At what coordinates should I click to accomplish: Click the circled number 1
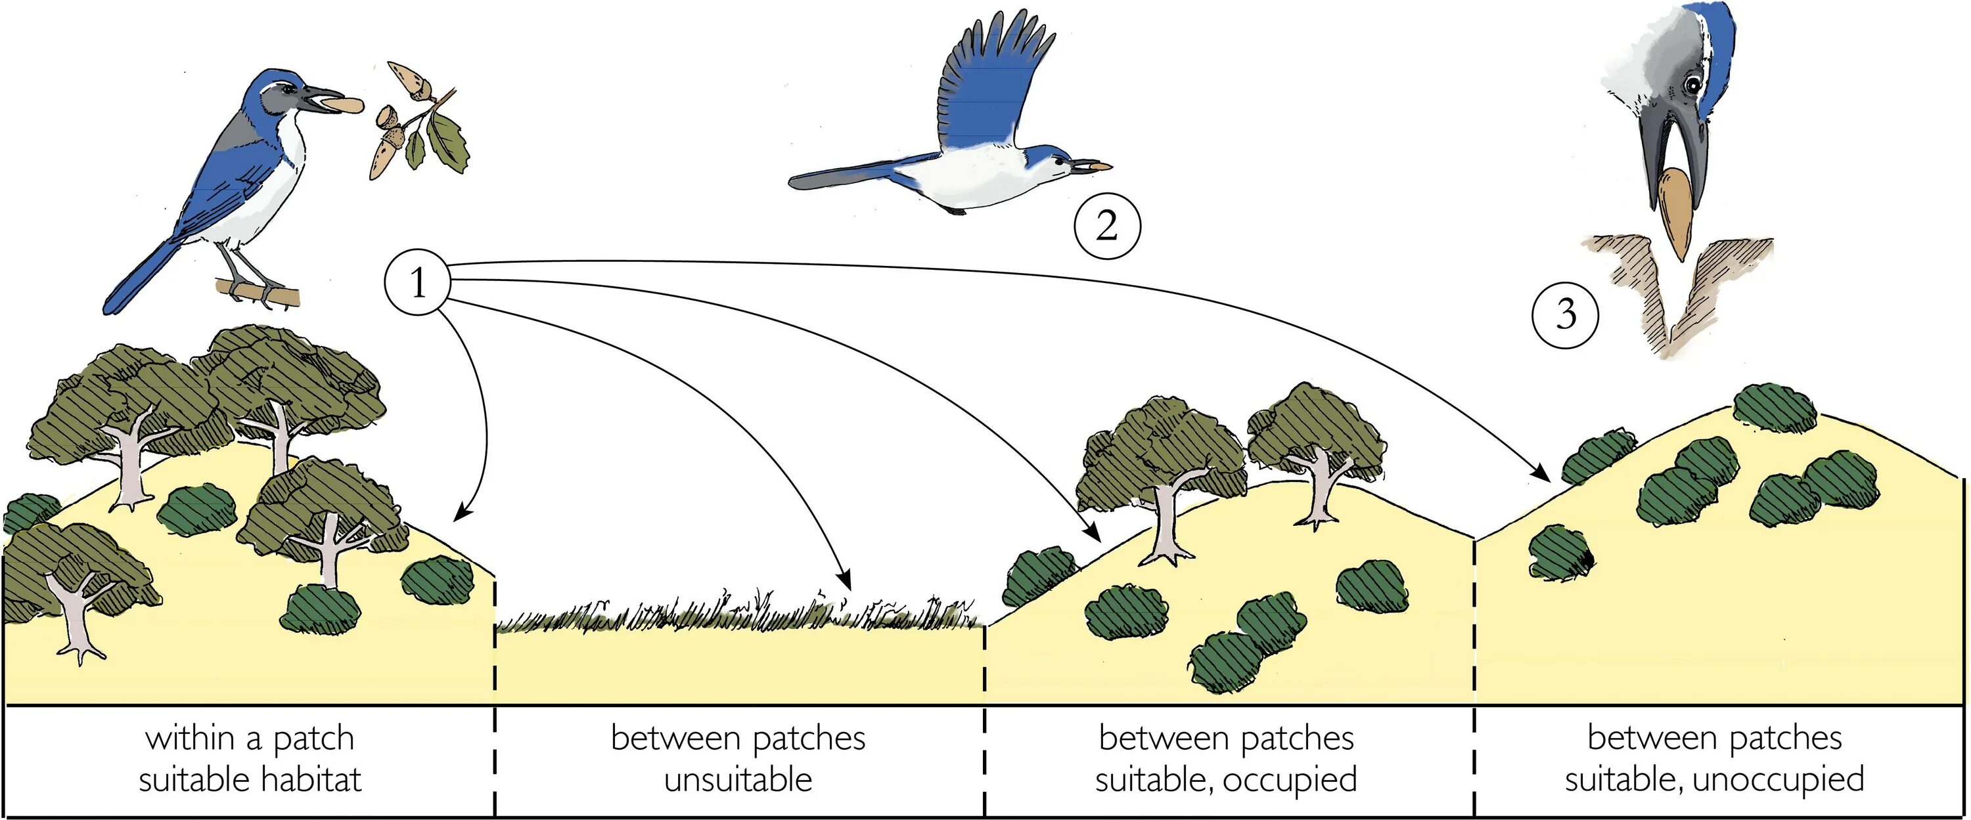pyautogui.click(x=417, y=283)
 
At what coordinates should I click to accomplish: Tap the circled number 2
pyautogui.click(x=1107, y=227)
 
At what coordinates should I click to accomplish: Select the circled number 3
pyautogui.click(x=1566, y=314)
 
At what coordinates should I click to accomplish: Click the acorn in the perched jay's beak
pyautogui.click(x=344, y=103)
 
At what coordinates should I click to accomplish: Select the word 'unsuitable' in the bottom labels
pyautogui.click(x=738, y=780)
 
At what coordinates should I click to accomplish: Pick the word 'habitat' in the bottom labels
pyautogui.click(x=311, y=780)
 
